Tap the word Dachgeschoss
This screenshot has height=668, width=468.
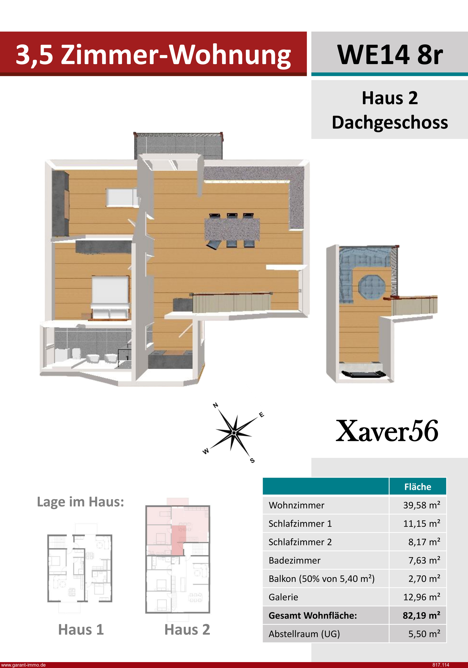[390, 122]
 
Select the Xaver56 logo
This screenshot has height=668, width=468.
[387, 431]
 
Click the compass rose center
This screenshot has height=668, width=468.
[234, 433]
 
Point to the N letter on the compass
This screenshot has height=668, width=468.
[216, 405]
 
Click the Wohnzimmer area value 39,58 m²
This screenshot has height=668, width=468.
[421, 505]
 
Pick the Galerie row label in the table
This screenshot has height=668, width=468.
[283, 597]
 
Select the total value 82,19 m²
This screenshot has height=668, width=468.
[421, 615]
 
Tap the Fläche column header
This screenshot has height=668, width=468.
[418, 487]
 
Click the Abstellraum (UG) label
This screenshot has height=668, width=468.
[304, 634]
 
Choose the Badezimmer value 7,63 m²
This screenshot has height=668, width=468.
[424, 560]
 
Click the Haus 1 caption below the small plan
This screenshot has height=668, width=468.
[81, 630]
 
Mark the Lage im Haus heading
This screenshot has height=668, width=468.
[80, 502]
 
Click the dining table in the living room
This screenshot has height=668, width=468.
[232, 229]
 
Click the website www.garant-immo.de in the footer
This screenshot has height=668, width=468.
[23, 665]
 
